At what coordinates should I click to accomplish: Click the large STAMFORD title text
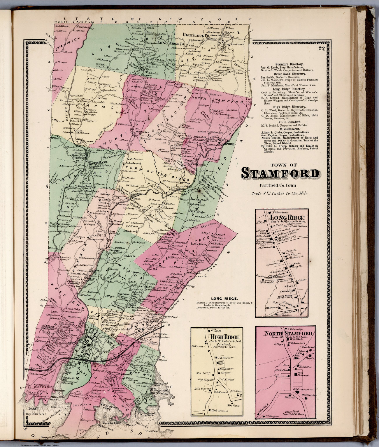point(280,174)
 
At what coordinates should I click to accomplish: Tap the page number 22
point(322,49)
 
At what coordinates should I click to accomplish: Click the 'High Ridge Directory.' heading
point(286,107)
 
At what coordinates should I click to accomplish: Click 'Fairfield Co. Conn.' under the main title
point(278,185)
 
